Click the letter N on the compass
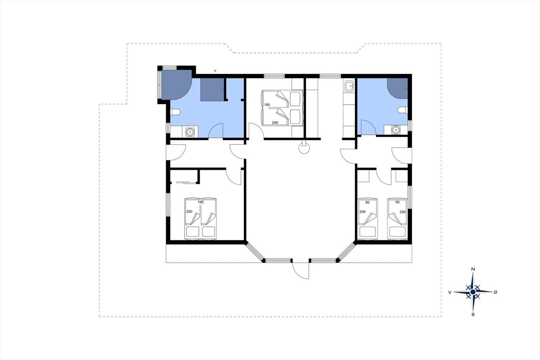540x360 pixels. pyautogui.click(x=473, y=269)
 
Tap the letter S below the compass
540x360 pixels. pyautogui.click(x=473, y=315)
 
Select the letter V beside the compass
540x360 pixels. pyautogui.click(x=450, y=292)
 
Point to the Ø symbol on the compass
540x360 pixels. pyautogui.click(x=495, y=292)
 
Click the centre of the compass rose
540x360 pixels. pyautogui.click(x=473, y=292)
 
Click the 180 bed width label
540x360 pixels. pyautogui.click(x=267, y=105)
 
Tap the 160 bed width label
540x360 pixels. pyautogui.click(x=200, y=202)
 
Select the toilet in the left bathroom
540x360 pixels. pyautogui.click(x=175, y=112)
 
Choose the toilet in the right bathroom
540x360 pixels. pyautogui.click(x=403, y=110)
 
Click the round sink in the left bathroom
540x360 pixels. pyautogui.click(x=190, y=132)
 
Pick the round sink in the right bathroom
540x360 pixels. pyautogui.click(x=395, y=130)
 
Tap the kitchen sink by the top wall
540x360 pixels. pyautogui.click(x=349, y=86)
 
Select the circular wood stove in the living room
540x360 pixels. pyautogui.click(x=304, y=148)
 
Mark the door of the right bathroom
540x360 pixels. pyautogui.click(x=368, y=127)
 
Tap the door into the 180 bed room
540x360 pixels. pyautogui.click(x=256, y=131)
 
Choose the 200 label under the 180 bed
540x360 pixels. pyautogui.click(x=275, y=123)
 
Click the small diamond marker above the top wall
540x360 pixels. pyautogui.click(x=215, y=71)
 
